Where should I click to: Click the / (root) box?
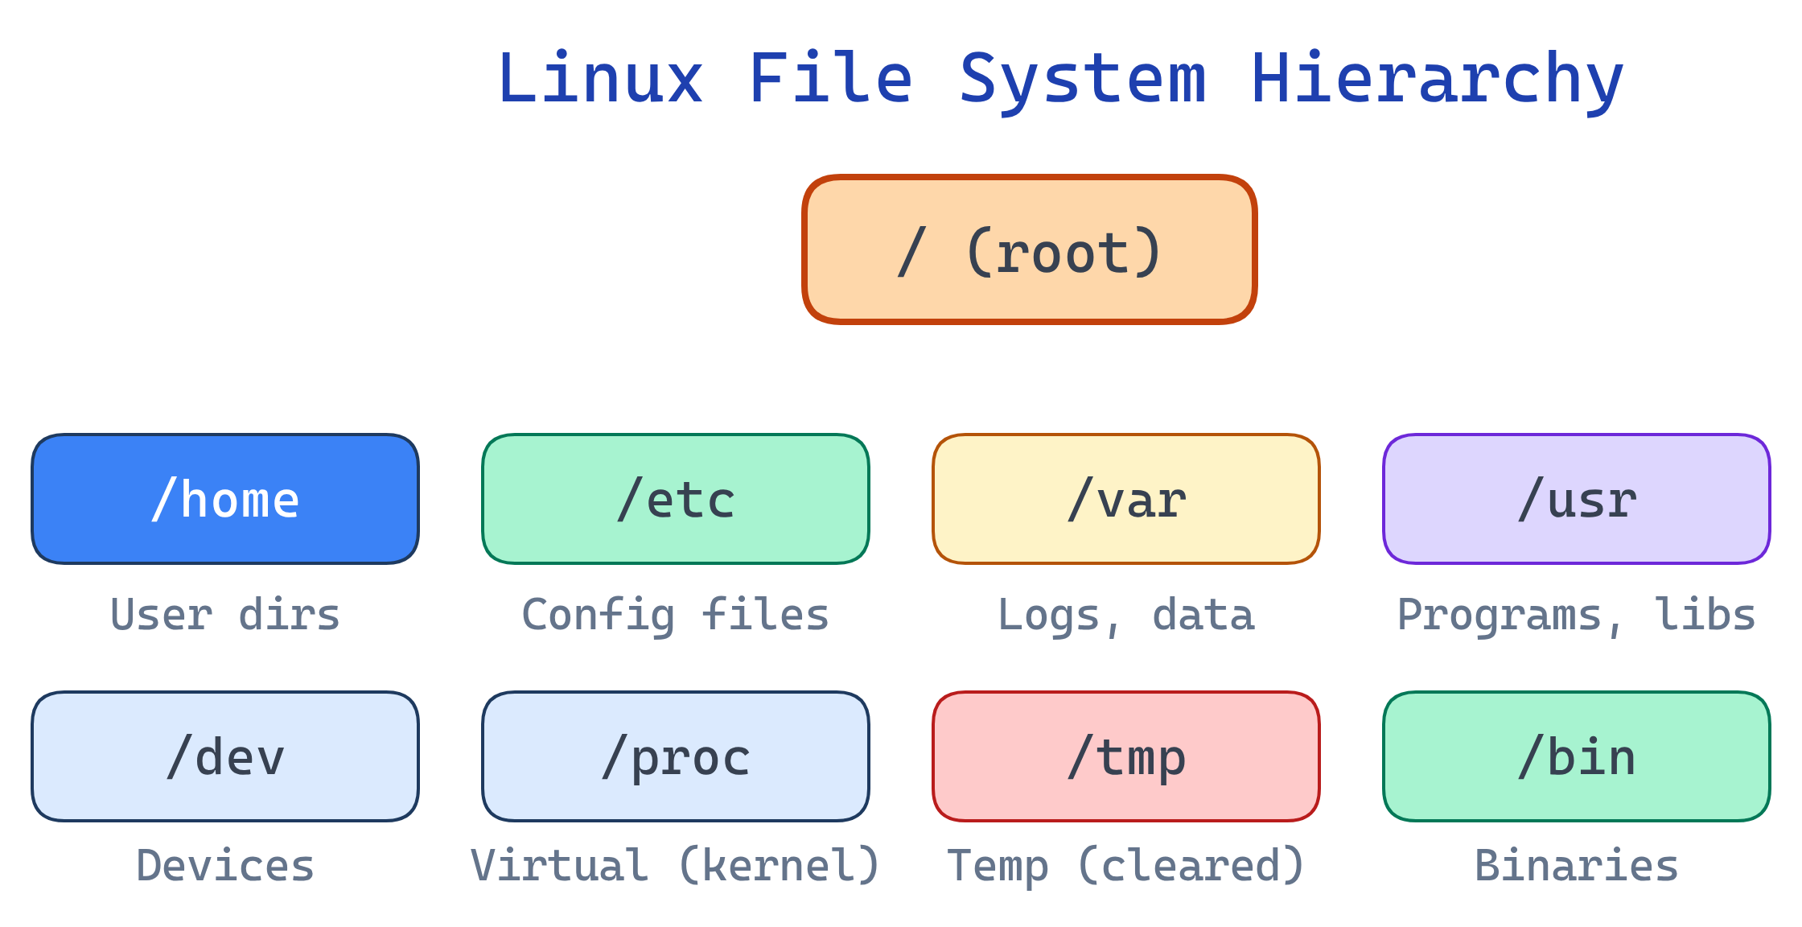(x=1029, y=249)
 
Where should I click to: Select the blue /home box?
(x=225, y=499)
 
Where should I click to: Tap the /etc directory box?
(x=676, y=499)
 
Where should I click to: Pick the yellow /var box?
(x=1126, y=499)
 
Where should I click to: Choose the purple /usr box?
(x=1577, y=499)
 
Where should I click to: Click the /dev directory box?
(x=225, y=756)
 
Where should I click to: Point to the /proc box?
(x=676, y=756)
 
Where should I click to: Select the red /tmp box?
(x=1126, y=756)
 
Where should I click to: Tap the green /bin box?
(x=1577, y=756)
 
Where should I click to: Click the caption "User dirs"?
(x=225, y=616)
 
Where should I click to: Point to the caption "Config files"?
(x=676, y=616)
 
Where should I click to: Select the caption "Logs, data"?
(x=1126, y=616)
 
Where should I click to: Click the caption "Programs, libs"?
(x=1577, y=616)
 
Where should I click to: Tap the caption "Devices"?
(x=225, y=867)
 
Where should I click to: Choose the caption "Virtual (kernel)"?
(x=676, y=867)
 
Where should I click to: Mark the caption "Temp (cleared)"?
(x=1126, y=867)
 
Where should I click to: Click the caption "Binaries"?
(x=1577, y=867)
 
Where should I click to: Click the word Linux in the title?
(x=600, y=79)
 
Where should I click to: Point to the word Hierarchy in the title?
(x=1437, y=79)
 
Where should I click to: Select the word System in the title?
(x=1082, y=79)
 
